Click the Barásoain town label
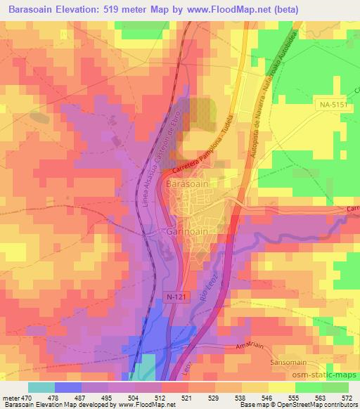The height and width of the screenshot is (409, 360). (187, 183)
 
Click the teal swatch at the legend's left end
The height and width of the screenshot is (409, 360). (41, 387)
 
